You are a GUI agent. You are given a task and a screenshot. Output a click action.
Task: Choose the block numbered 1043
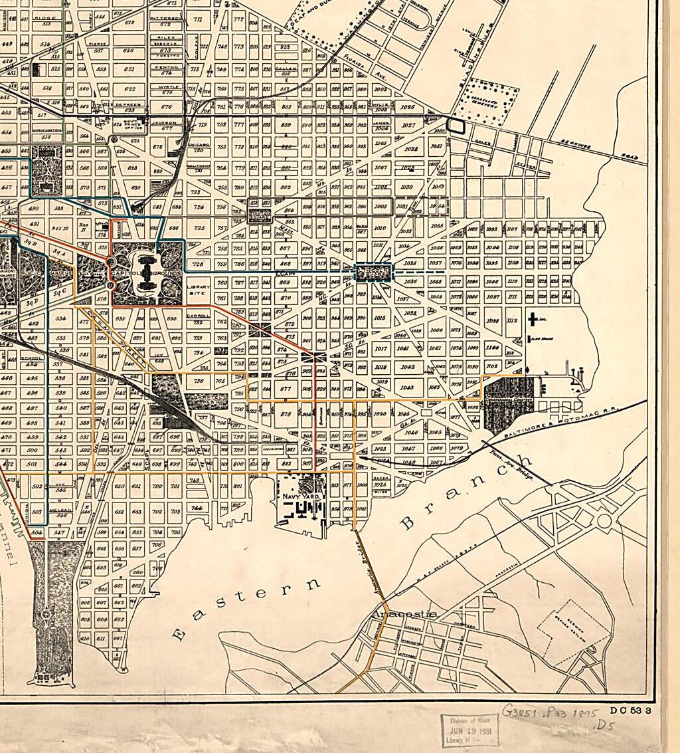point(407,387)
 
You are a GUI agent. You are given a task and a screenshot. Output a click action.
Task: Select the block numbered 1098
point(492,321)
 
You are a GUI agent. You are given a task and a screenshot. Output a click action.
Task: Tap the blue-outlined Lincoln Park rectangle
point(375,272)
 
